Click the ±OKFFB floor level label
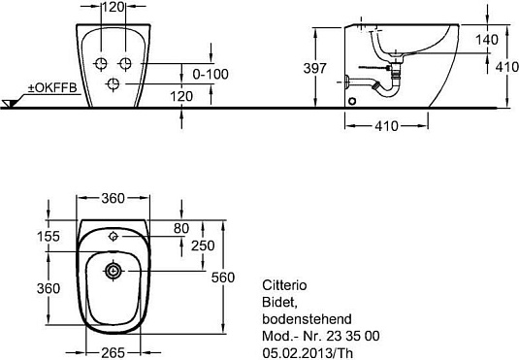(52, 87)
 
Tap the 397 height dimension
(314, 68)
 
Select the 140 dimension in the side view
(487, 40)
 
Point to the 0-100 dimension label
(211, 74)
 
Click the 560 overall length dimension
(223, 278)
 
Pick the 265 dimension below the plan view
(113, 352)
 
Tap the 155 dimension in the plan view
(49, 236)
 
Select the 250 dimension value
(203, 245)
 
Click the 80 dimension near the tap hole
(181, 228)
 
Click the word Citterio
(284, 285)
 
